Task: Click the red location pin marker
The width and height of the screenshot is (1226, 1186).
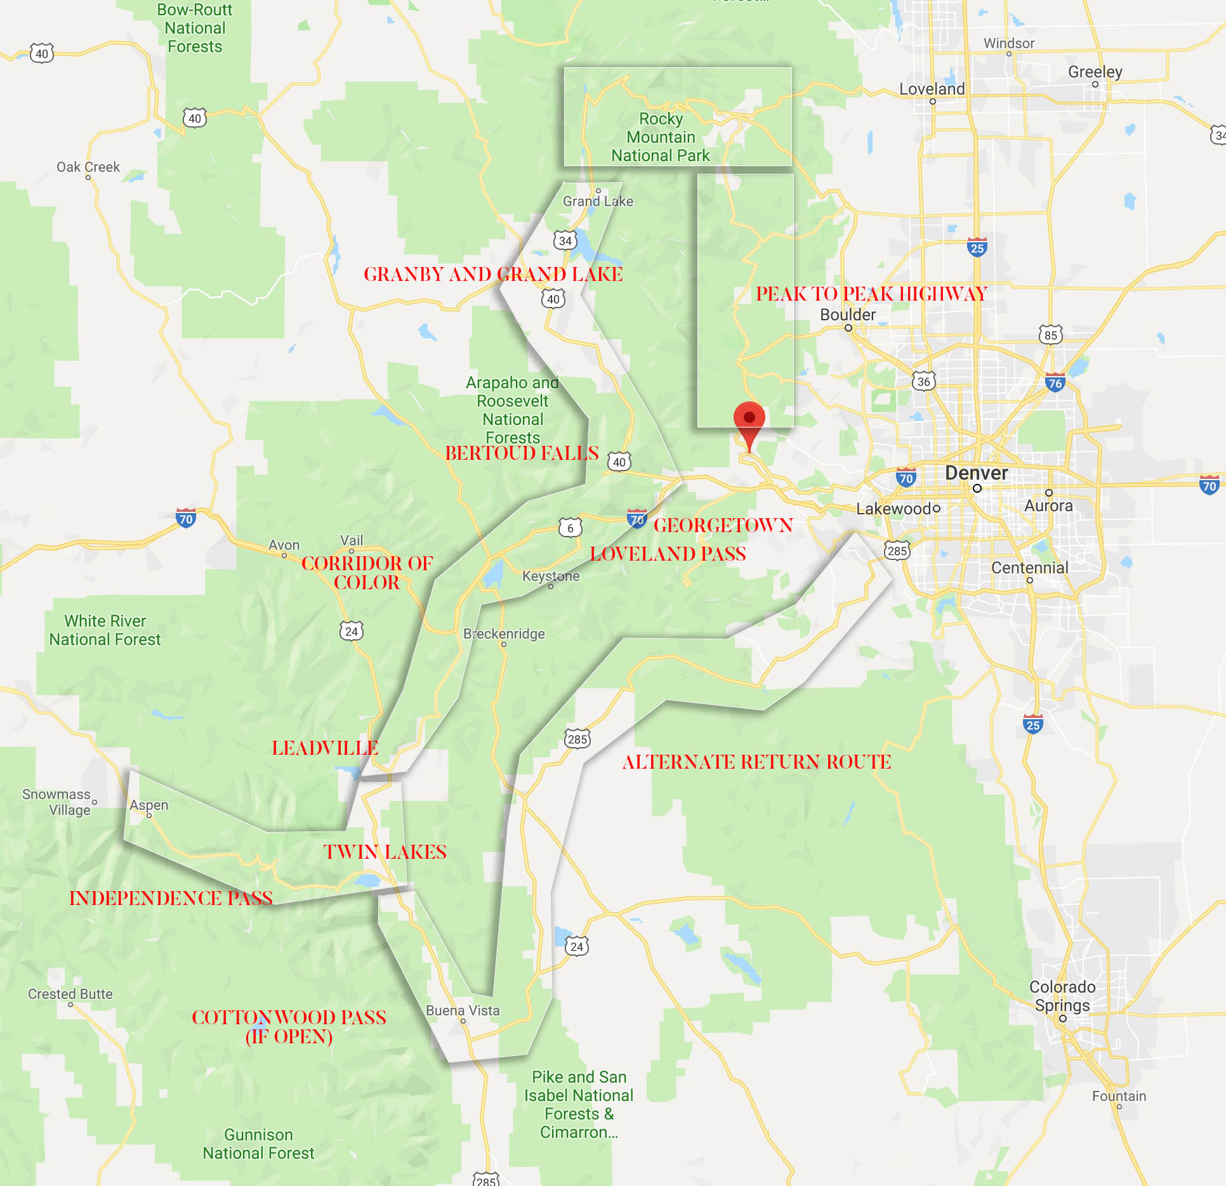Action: (749, 420)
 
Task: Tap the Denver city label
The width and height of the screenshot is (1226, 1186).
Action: (976, 473)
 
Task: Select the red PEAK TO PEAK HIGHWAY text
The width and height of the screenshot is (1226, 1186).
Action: (871, 294)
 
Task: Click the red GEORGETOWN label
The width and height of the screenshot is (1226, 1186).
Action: (723, 525)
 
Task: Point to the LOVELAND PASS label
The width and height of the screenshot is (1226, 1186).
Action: (668, 554)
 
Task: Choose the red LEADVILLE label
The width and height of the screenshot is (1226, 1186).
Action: (325, 748)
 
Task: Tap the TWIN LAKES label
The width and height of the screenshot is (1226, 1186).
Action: (385, 852)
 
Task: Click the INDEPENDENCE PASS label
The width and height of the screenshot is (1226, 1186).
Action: (171, 898)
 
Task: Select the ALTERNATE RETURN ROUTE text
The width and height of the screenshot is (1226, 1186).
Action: (756, 762)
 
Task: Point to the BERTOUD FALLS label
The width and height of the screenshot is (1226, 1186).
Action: (522, 453)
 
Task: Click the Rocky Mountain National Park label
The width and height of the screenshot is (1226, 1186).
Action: (661, 137)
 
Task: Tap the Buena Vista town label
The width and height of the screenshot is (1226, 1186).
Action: (463, 1010)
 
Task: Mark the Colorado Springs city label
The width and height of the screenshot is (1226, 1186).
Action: (1062, 996)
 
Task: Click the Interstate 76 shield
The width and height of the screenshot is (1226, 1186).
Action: (1055, 382)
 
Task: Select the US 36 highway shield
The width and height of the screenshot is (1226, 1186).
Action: (924, 381)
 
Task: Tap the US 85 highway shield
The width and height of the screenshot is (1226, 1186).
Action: (1051, 335)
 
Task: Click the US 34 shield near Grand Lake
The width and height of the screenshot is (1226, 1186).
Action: (565, 240)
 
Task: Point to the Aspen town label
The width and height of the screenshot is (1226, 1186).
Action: (149, 805)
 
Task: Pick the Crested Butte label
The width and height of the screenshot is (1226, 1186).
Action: (70, 994)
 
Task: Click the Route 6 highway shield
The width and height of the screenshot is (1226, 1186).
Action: (570, 528)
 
